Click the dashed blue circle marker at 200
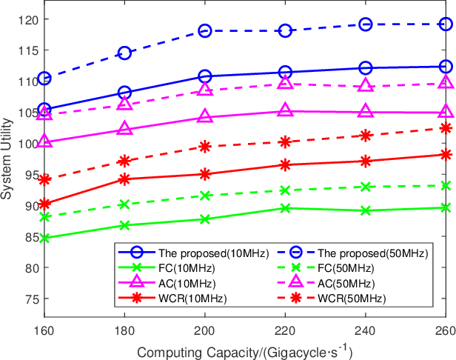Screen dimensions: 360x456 coord(205,30)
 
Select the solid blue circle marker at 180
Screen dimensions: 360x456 coord(124,93)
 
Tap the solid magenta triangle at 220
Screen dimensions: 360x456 coord(285,111)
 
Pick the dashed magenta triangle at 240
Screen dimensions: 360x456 coord(365,86)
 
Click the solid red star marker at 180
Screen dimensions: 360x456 coord(124,179)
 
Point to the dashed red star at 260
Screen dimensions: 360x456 coord(446,128)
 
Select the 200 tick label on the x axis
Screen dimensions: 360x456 coord(205,332)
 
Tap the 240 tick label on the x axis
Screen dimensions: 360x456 coord(365,332)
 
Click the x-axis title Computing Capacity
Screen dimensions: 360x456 coord(244,350)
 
